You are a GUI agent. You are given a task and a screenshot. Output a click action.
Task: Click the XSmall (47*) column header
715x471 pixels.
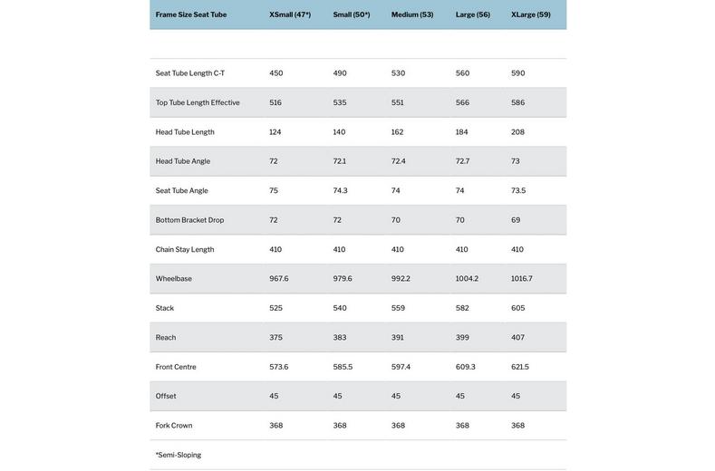pyautogui.click(x=290, y=14)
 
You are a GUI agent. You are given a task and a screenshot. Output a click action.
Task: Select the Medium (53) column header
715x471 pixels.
pyautogui.click(x=412, y=14)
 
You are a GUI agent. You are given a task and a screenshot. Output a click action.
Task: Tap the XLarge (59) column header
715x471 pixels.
pyautogui.click(x=531, y=14)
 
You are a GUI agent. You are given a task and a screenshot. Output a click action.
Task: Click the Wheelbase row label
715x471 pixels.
pyautogui.click(x=174, y=279)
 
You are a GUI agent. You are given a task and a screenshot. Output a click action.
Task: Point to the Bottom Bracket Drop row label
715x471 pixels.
pyautogui.click(x=189, y=220)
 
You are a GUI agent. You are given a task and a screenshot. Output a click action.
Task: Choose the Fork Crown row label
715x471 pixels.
pyautogui.click(x=174, y=426)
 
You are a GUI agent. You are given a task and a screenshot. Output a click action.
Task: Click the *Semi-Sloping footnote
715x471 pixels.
pyautogui.click(x=179, y=455)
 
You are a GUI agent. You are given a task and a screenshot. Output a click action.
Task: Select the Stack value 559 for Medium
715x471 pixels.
pyautogui.click(x=399, y=308)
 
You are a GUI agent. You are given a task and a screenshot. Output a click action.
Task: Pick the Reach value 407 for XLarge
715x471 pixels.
pyautogui.click(x=518, y=338)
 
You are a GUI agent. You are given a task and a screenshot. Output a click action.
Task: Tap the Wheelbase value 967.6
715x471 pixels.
pyautogui.click(x=279, y=279)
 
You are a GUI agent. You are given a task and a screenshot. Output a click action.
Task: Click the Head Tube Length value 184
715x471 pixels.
pyautogui.click(x=463, y=132)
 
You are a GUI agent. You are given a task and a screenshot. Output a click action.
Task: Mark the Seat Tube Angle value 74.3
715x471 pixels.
pyautogui.click(x=341, y=191)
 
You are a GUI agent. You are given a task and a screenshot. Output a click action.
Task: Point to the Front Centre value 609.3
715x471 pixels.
pyautogui.click(x=466, y=367)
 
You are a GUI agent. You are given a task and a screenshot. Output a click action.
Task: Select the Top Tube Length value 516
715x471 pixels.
pyautogui.click(x=275, y=102)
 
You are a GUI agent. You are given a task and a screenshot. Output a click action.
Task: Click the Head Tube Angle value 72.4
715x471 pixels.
pyautogui.click(x=399, y=161)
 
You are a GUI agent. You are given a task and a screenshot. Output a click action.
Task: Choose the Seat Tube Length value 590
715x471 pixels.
pyautogui.click(x=518, y=73)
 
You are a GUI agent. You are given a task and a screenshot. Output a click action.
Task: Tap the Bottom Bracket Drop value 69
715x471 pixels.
pyautogui.click(x=516, y=220)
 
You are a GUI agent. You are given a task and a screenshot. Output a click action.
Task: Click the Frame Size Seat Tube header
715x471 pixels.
pyautogui.click(x=191, y=14)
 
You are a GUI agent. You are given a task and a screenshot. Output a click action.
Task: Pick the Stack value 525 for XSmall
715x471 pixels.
pyautogui.click(x=276, y=308)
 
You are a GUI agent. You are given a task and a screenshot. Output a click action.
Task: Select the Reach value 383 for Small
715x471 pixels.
pyautogui.click(x=340, y=338)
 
